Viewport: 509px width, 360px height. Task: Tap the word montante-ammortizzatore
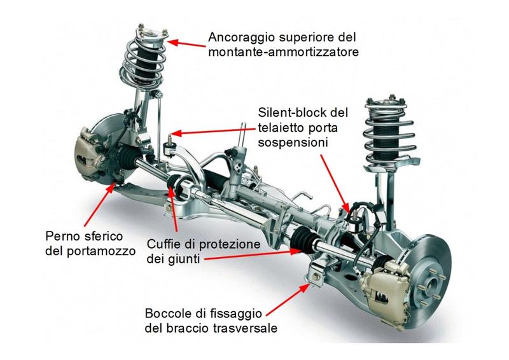tap(283, 52)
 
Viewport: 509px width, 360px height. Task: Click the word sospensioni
tap(293, 143)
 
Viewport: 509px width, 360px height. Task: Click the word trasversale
tap(246, 328)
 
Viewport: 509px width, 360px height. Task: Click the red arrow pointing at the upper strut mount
tap(186, 43)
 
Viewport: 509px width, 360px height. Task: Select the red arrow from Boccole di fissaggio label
tap(288, 299)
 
